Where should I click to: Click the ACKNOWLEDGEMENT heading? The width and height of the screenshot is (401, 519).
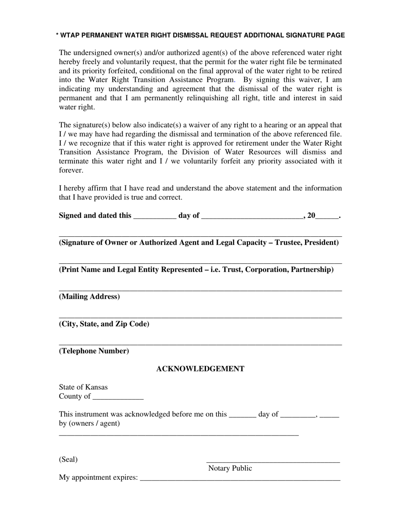tap(200, 369)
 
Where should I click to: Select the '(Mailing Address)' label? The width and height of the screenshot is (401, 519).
tap(89, 297)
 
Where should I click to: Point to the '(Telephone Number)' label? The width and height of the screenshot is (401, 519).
tap(94, 351)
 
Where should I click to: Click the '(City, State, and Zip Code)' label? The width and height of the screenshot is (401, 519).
tap(104, 324)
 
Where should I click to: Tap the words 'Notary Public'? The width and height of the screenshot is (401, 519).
tap(230, 468)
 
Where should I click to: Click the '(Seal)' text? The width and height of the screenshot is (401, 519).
tap(68, 460)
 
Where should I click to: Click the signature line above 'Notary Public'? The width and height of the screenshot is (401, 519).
tap(273, 462)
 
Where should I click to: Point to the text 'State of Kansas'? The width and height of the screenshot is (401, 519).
tap(83, 387)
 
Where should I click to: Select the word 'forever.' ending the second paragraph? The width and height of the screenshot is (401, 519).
tap(71, 170)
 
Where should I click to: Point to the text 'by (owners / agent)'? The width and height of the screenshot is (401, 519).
tap(89, 423)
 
